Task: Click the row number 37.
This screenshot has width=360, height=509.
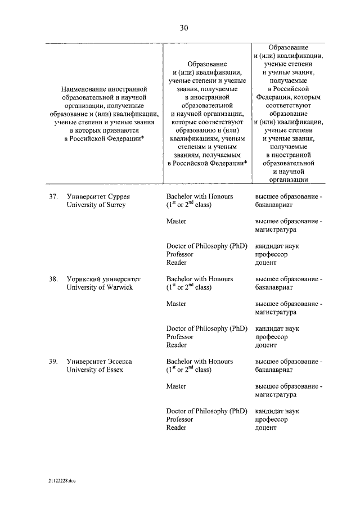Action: (53, 197)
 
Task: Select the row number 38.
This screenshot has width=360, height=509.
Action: (53, 279)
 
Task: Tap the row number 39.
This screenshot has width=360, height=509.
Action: (53, 362)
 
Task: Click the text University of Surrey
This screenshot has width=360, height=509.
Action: (96, 205)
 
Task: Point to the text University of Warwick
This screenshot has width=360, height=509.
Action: (100, 287)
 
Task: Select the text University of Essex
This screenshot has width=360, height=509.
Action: (94, 370)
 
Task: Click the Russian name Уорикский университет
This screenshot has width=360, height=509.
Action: (103, 279)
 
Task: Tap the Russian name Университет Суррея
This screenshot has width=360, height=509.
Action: (99, 197)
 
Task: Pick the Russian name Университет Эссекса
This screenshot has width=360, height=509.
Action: (99, 362)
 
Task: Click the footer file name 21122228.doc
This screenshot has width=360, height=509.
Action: (61, 482)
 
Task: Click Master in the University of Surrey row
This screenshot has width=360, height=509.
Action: (176, 222)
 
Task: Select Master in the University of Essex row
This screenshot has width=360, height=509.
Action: (176, 386)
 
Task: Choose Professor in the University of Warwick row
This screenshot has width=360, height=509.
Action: (180, 337)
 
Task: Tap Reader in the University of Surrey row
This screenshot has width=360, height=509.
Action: (176, 263)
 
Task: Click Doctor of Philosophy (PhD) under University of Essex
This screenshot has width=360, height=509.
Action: (206, 411)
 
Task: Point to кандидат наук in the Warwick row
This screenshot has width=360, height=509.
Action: (277, 328)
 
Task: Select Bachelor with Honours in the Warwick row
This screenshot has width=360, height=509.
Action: (200, 279)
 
